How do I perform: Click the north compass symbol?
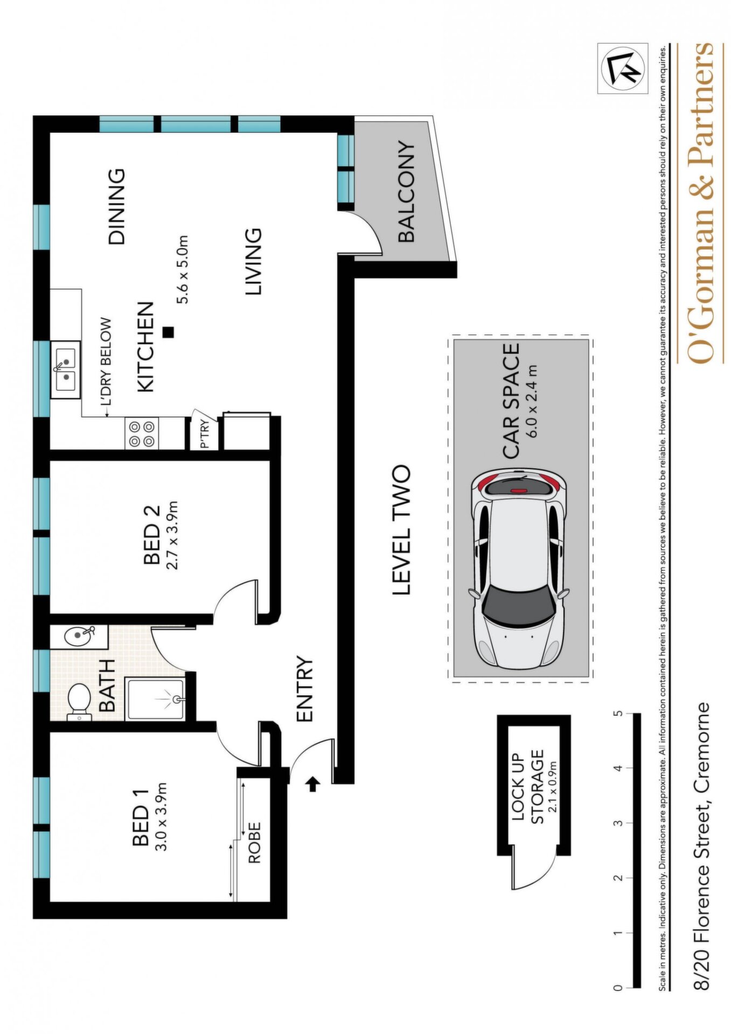coord(623,68)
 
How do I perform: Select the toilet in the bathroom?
coord(80,701)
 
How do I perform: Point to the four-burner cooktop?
coord(142,434)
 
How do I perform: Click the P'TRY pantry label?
coord(204,435)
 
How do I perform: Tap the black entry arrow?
coord(312,785)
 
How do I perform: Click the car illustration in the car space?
coord(519,570)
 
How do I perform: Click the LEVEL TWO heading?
coord(401,530)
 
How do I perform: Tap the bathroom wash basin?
coord(80,636)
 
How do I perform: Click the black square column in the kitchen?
coord(169,332)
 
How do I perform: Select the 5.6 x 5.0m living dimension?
coord(183,269)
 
